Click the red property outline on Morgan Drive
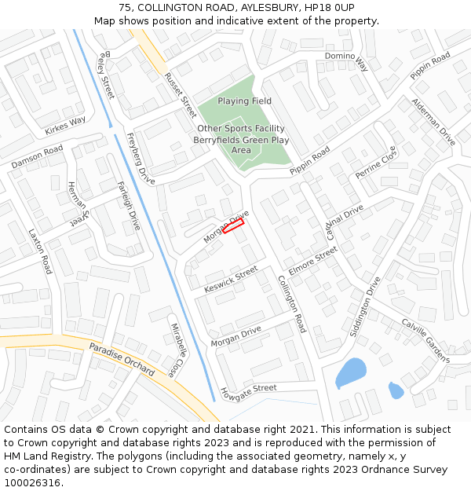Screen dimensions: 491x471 [233, 226]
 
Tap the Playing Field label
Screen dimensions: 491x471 [244, 101]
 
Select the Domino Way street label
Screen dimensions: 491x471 [346, 61]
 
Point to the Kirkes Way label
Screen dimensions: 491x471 [65, 126]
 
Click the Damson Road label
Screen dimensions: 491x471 [37, 156]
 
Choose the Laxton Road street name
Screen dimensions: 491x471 [39, 251]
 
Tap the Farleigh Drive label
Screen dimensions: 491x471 [128, 205]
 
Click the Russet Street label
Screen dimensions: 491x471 [181, 95]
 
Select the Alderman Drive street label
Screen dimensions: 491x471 [433, 123]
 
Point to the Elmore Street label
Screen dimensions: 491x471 [312, 259]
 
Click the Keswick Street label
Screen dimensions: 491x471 [231, 279]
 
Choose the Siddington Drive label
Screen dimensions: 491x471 [365, 306]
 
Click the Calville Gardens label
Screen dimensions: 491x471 [425, 339]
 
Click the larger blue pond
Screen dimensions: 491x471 [350, 372]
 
